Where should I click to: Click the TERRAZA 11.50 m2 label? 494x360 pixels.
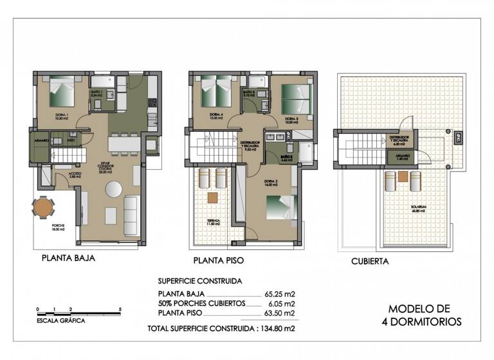pos(214,222)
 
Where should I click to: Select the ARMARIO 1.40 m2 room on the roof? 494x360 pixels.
pos(403,156)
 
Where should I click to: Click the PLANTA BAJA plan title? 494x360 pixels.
pos(68,259)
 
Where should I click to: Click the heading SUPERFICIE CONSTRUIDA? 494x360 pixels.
pos(199,281)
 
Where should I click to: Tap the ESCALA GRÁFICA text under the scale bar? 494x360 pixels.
pos(60,319)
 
